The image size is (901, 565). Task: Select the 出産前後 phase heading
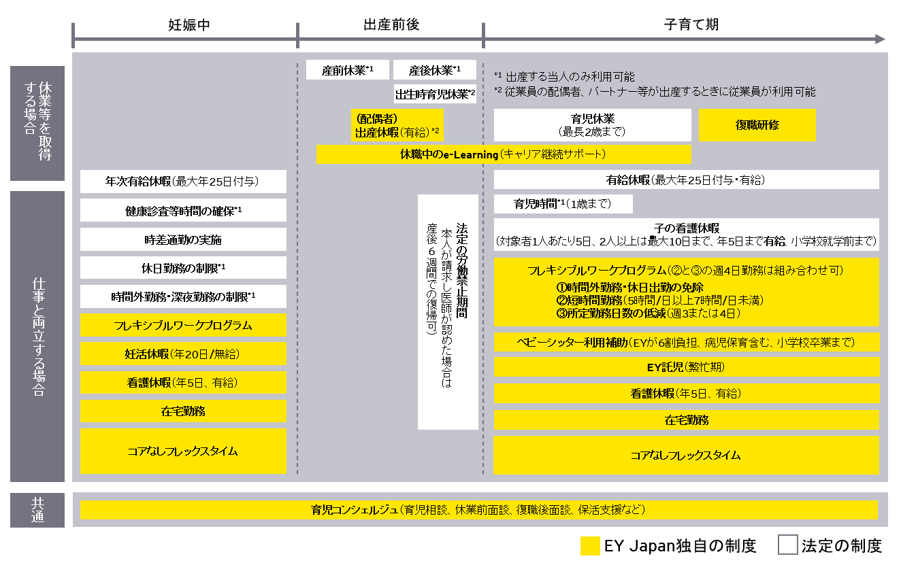click(x=391, y=24)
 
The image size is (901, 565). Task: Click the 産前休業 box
click(x=347, y=70)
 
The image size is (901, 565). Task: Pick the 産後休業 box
click(x=435, y=70)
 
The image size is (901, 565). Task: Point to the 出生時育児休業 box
click(x=435, y=94)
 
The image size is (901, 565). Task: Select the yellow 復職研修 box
click(x=757, y=125)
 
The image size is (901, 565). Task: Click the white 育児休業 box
click(x=592, y=125)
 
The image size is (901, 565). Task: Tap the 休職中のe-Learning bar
click(x=504, y=154)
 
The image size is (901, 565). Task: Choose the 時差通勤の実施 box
click(x=183, y=239)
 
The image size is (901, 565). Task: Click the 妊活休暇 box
click(x=183, y=354)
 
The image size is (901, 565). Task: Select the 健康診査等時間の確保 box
click(x=183, y=211)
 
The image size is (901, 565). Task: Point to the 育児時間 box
click(x=563, y=204)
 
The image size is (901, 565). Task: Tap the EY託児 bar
click(x=686, y=367)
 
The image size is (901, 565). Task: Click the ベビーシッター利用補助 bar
click(x=686, y=342)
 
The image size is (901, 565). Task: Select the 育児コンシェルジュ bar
click(x=478, y=510)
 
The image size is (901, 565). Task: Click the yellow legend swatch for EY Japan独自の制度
click(x=590, y=546)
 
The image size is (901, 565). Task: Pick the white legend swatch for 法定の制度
click(x=787, y=545)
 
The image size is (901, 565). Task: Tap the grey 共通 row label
click(x=37, y=509)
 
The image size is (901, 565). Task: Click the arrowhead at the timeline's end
click(x=881, y=39)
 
